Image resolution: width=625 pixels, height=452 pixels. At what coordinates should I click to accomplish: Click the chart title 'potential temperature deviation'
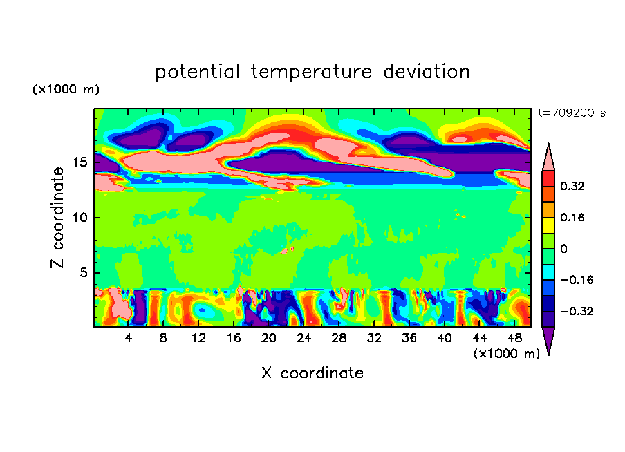coord(312,73)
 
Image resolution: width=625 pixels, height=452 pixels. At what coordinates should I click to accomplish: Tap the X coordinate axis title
coord(312,373)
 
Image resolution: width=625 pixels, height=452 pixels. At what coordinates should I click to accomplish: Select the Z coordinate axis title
coord(58,218)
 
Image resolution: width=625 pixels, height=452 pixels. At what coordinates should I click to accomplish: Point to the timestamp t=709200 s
coord(571,113)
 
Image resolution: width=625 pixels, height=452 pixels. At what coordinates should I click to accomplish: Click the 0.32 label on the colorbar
coord(572,186)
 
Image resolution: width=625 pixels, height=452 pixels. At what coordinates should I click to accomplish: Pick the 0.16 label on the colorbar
coord(572,217)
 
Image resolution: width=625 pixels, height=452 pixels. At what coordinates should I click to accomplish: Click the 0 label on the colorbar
coord(564,249)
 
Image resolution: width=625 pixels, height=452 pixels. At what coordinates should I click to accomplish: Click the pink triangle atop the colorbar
coord(548,158)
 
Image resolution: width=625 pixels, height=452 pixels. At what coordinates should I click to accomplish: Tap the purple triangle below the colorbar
coord(548,340)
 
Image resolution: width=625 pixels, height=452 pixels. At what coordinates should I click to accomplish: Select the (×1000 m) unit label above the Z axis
coord(66,90)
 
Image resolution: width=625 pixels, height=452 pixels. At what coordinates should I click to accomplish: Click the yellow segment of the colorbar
coord(548,225)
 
